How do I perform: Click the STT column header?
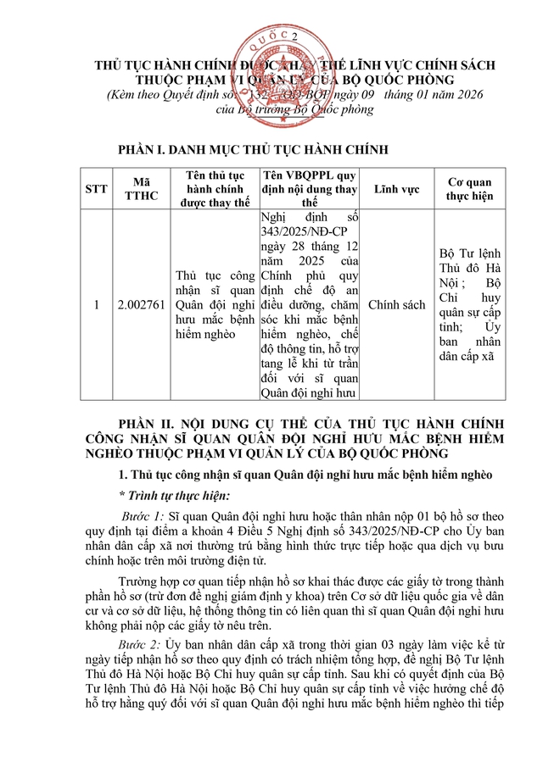coord(97,188)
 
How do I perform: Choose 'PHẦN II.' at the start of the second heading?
coord(151,423)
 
